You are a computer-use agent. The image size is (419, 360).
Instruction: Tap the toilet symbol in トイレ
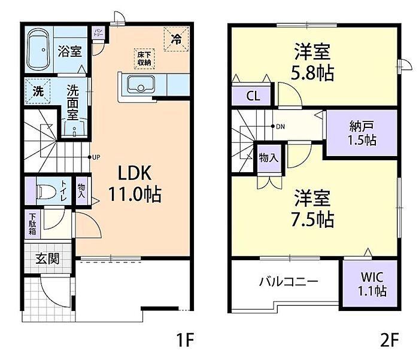(x=45, y=191)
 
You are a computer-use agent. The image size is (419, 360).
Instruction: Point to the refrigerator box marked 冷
(x=176, y=40)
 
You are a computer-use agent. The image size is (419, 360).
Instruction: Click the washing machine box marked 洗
(x=38, y=93)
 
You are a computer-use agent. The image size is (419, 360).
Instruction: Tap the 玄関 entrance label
(x=47, y=259)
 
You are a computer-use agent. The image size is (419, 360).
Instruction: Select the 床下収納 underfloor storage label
(x=144, y=59)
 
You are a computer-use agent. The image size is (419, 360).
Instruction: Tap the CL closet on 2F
(x=253, y=96)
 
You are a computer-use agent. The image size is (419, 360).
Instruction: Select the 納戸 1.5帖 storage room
(x=362, y=133)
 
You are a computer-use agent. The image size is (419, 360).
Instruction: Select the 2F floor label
(x=389, y=341)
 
